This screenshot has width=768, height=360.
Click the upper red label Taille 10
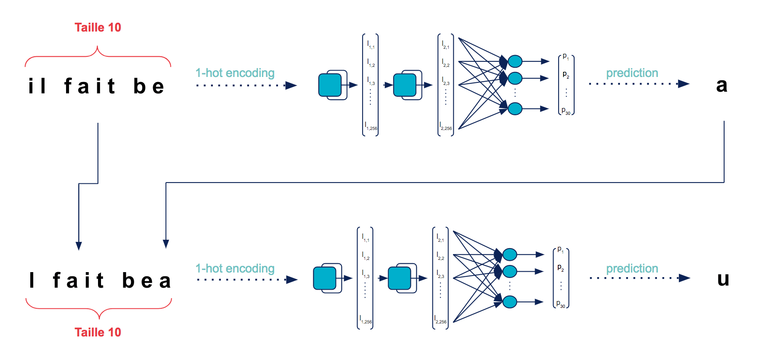[98, 28]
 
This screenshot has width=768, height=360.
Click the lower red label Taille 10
[98, 332]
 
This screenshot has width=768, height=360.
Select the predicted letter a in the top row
[722, 85]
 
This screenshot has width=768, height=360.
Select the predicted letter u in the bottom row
[723, 279]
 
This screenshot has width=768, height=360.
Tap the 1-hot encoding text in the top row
[235, 73]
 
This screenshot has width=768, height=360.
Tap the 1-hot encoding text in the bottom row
[235, 269]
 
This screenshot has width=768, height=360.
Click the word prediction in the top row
[632, 73]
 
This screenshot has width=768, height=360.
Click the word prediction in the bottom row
[632, 269]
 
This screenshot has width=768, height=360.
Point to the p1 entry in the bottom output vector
[560, 249]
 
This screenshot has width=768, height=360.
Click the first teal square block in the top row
[330, 85]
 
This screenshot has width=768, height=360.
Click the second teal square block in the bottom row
[400, 278]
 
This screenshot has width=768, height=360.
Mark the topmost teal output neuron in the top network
[515, 61]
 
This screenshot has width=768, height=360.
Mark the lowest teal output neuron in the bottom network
[509, 302]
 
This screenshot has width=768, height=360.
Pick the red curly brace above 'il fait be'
[98, 57]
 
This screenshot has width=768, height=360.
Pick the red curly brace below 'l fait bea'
[99, 308]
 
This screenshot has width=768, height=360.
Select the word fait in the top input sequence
[90, 86]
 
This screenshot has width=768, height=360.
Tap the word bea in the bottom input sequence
[146, 281]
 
